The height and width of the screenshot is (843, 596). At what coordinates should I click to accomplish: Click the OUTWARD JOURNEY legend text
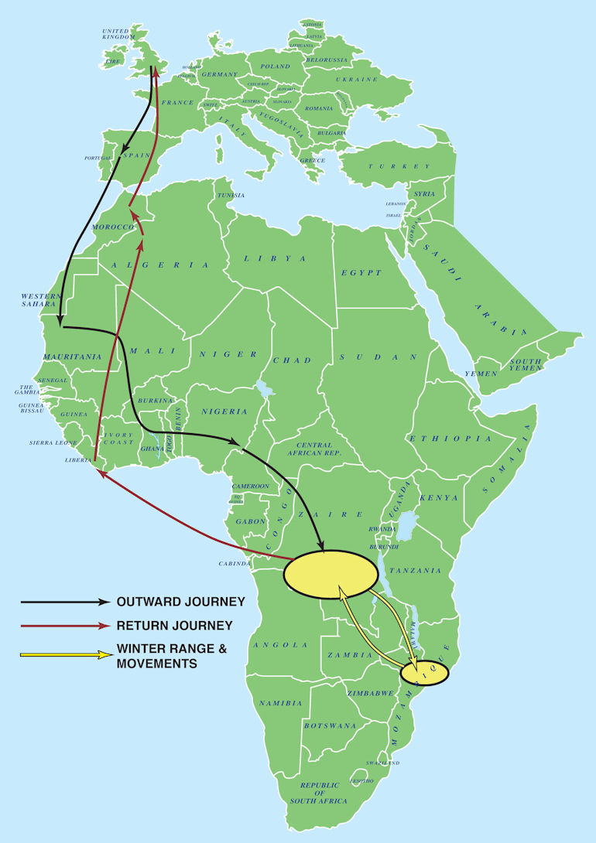tap(180, 601)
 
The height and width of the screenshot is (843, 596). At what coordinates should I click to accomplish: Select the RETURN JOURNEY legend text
tap(175, 625)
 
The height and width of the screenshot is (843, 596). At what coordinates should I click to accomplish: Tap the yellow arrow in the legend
tap(65, 655)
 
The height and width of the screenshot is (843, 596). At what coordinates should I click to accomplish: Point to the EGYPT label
tap(361, 273)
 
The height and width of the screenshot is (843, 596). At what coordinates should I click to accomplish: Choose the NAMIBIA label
tap(281, 703)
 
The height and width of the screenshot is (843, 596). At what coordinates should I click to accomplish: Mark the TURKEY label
tap(399, 166)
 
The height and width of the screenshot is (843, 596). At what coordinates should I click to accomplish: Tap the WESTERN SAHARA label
tap(40, 300)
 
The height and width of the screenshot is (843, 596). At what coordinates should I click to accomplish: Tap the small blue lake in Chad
tap(267, 387)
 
